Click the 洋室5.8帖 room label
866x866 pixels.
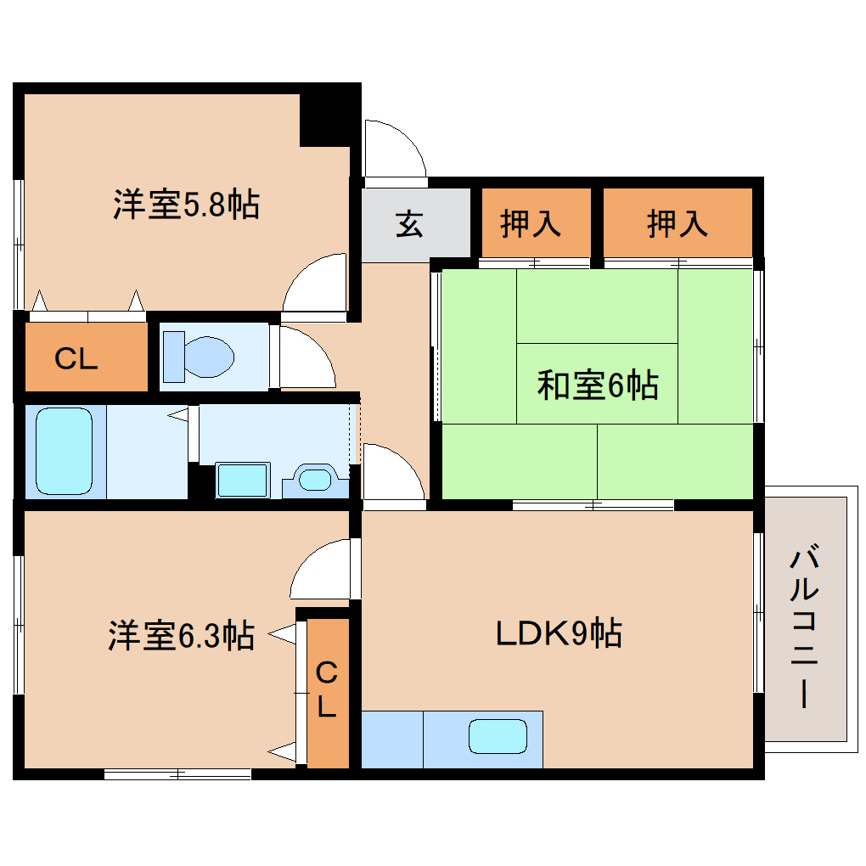[x=186, y=205]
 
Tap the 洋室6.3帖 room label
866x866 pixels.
[x=181, y=635]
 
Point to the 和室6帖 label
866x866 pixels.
[x=598, y=386]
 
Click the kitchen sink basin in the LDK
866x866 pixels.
[x=498, y=735]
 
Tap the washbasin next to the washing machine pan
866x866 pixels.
[x=315, y=480]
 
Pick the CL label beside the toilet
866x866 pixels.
[x=76, y=359]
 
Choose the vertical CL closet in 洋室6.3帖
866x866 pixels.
[x=327, y=691]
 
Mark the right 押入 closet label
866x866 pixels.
[x=677, y=224]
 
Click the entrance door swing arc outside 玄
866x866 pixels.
[x=392, y=149]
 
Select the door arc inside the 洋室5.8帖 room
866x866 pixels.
[x=316, y=284]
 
